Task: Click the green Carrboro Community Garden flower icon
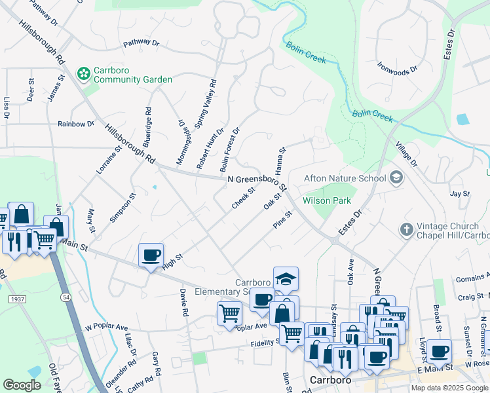[x=83, y=73]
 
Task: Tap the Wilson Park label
[x=327, y=200]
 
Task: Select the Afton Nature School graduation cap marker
[x=396, y=178]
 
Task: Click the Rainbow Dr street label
[x=76, y=124]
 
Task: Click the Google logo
[x=22, y=384]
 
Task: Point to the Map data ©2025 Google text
[x=449, y=388]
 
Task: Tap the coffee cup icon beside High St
[x=151, y=255]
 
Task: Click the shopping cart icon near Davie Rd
[x=229, y=312]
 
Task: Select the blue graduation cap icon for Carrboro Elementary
[x=286, y=279]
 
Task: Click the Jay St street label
[x=461, y=194]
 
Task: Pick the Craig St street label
[x=470, y=297]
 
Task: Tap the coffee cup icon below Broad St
[x=440, y=350]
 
